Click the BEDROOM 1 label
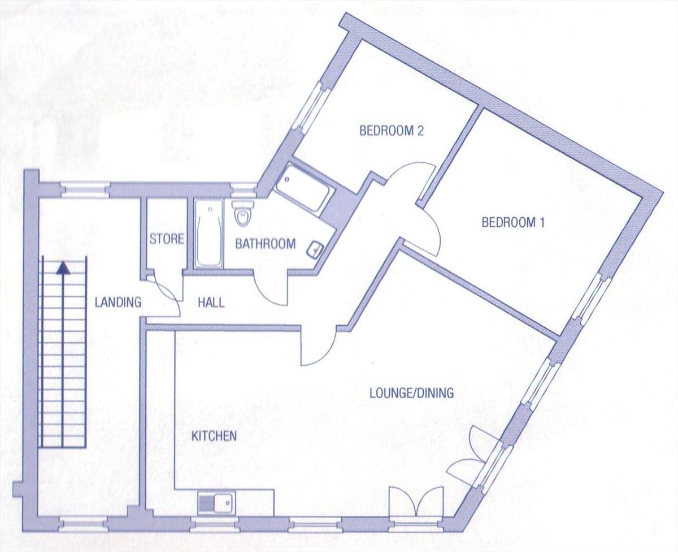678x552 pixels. [512, 223]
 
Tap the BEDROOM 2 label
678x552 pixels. [392, 131]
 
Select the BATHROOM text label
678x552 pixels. [265, 244]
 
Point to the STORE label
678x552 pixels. [167, 239]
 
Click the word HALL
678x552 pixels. [211, 303]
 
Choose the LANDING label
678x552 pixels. [118, 303]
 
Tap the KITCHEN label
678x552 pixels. [214, 436]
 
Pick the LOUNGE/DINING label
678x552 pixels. [411, 393]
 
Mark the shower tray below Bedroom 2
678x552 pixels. [303, 189]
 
